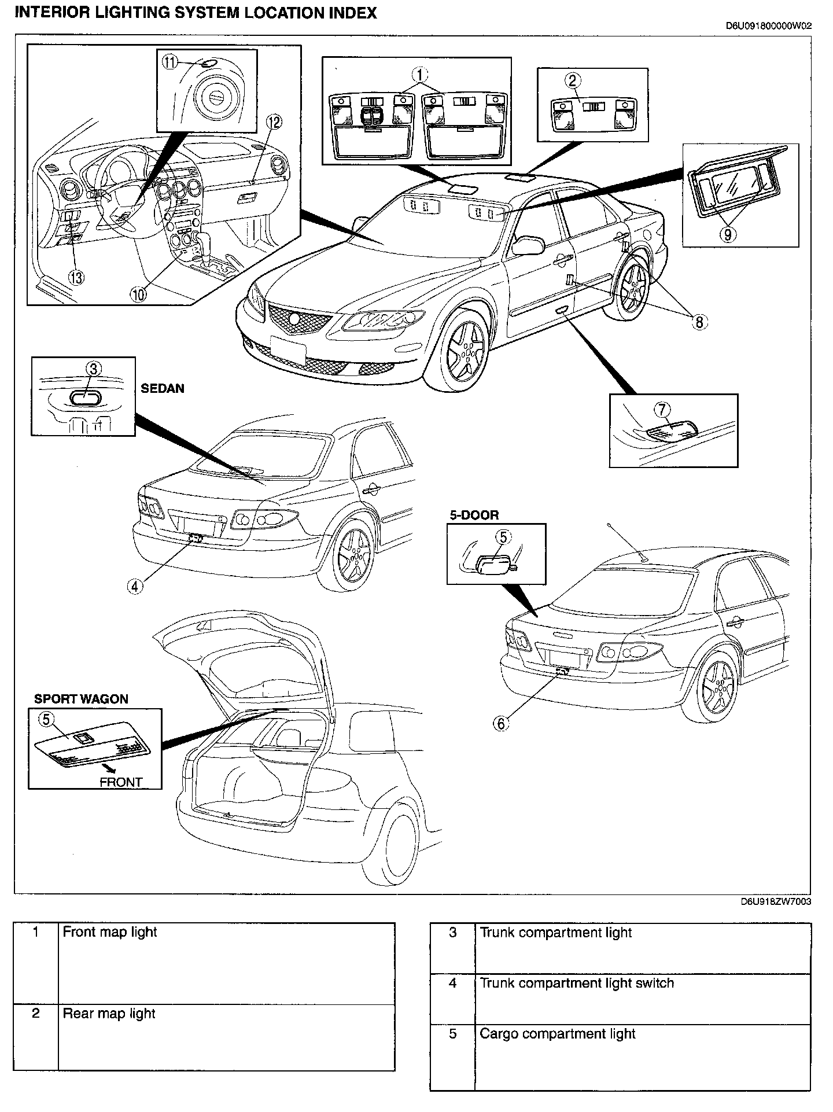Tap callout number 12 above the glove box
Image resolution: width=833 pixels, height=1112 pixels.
pos(274,122)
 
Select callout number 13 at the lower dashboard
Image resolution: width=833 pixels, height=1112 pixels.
pos(76,277)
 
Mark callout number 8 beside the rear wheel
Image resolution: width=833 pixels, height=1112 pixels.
pos(699,322)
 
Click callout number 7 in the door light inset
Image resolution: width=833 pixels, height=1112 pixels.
pos(662,410)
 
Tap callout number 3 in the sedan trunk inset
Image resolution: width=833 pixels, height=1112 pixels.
pos(94,369)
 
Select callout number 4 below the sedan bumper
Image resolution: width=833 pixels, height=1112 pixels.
pos(134,586)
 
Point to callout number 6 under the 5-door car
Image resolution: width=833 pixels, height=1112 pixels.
pos(502,723)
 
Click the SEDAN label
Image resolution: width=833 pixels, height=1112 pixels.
pos(163,388)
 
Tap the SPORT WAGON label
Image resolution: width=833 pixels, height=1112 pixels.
pos(81,699)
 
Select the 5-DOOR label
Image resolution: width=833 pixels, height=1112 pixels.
pos(474,515)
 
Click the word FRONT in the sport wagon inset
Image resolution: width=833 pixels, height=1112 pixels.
pos(121,782)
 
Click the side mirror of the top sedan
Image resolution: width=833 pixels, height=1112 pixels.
pos(528,245)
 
